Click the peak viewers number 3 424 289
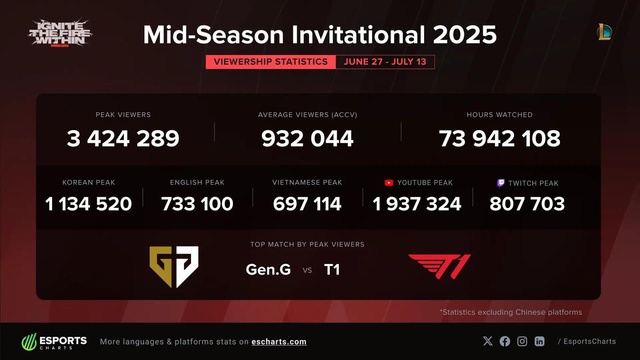coord(123,138)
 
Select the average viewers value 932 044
coord(307,138)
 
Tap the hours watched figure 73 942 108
coord(500,138)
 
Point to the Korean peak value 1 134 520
coord(88,204)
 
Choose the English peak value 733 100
coord(197,204)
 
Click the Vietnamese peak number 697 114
coord(307,204)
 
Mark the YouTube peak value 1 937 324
coord(417,204)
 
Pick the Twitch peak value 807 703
coord(527,204)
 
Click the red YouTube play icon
coord(389,183)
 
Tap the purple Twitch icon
coord(501,183)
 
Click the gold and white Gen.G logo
coord(174,267)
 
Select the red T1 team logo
coord(440,266)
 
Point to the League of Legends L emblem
coord(604,32)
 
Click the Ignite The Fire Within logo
coord(60,33)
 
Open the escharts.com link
coord(279,342)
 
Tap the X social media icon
coord(488,341)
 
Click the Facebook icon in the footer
coord(505,341)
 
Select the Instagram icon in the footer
coord(522,341)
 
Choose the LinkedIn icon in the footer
coord(540,341)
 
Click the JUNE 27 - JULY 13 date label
coord(385,62)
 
